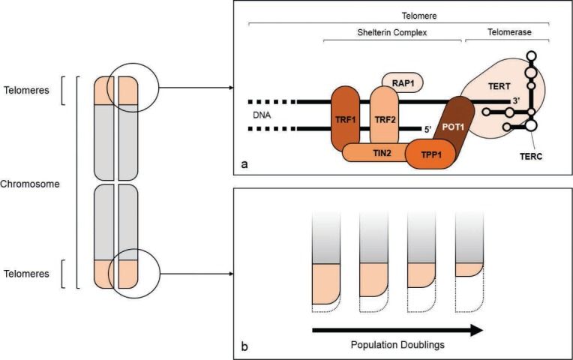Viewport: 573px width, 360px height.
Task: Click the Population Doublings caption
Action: click(x=397, y=346)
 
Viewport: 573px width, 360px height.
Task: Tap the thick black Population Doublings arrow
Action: click(x=397, y=328)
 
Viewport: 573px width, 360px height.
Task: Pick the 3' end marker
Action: click(x=517, y=100)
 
